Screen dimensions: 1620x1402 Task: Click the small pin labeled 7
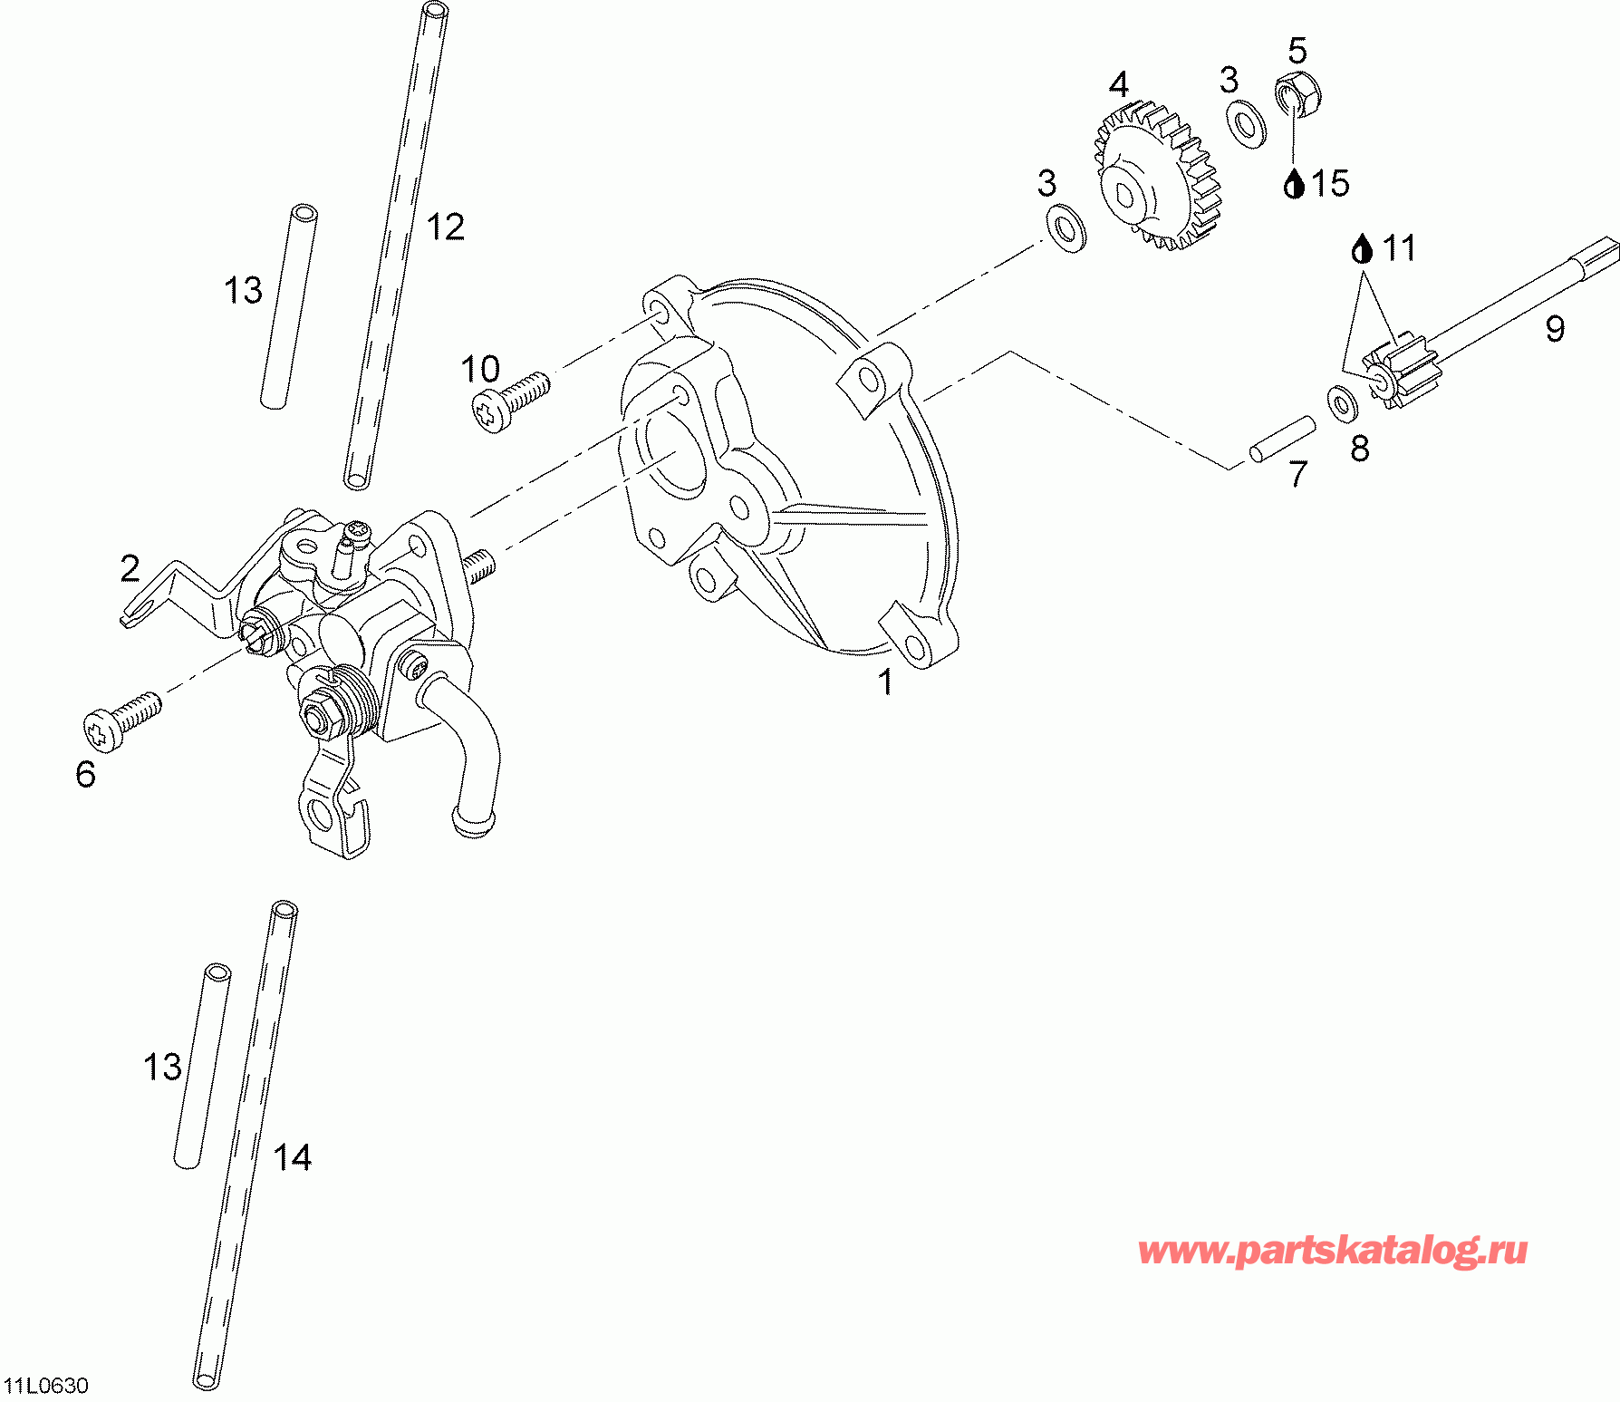(x=1281, y=439)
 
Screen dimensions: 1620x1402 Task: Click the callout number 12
(x=446, y=227)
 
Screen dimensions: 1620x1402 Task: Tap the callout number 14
(x=293, y=1157)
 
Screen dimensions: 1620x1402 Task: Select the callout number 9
(x=1555, y=328)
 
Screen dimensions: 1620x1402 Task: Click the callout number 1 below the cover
(x=885, y=682)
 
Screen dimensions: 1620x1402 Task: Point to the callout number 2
(x=130, y=568)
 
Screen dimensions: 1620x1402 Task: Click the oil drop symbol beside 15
(x=1294, y=184)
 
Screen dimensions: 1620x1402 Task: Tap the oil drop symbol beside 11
(x=1362, y=247)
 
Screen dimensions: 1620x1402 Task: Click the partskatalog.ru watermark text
(x=1333, y=1251)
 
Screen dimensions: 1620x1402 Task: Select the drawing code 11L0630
(x=46, y=1386)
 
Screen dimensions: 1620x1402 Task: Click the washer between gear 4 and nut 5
(x=1247, y=124)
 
